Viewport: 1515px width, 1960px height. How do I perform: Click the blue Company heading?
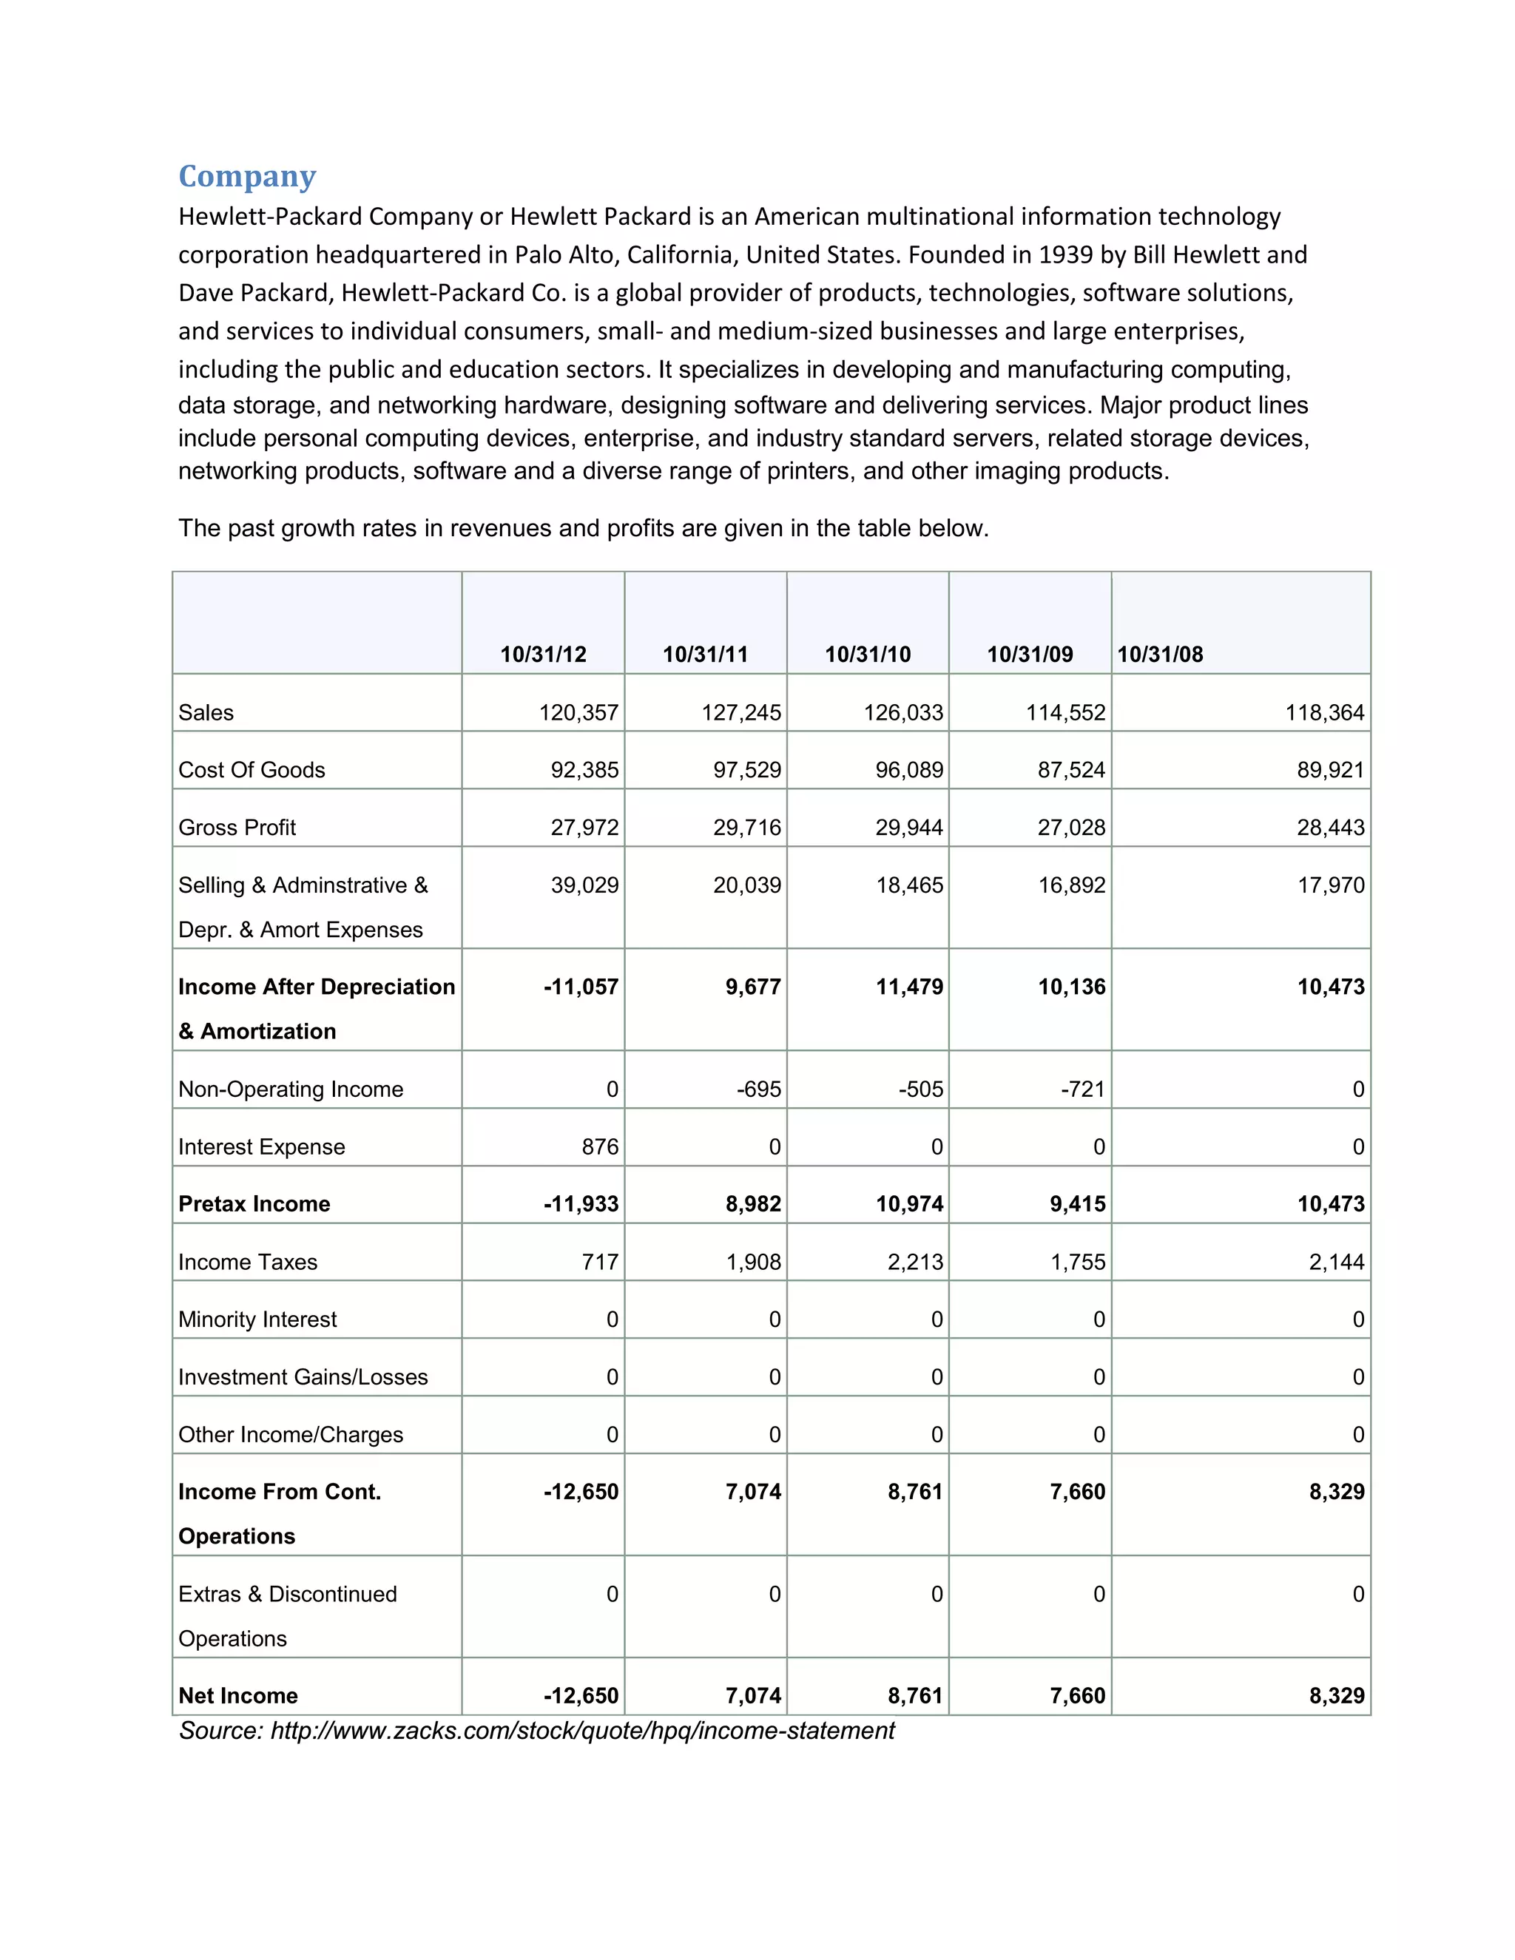pos(247,176)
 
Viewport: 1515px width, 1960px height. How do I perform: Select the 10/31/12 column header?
pos(543,655)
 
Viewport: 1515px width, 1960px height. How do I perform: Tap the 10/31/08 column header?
pos(1160,655)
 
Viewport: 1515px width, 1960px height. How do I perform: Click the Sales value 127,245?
pos(740,712)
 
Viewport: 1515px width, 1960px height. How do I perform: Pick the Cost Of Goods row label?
pos(252,770)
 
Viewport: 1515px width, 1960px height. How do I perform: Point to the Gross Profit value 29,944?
pos(908,828)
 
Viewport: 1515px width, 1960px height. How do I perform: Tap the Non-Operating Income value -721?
pos(1082,1089)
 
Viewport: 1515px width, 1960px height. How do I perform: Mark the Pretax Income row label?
pos(254,1204)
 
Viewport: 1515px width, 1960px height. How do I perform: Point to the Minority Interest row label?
pos(257,1319)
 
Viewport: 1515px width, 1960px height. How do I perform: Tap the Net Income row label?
pos(238,1695)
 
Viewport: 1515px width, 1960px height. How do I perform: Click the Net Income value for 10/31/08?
pos(1337,1695)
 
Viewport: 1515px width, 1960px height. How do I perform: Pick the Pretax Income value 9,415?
pos(1077,1204)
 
